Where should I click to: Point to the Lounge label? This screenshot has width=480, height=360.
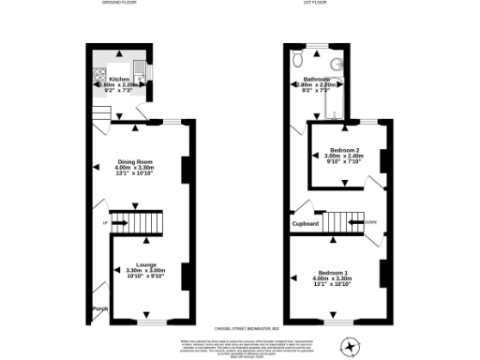[145, 264]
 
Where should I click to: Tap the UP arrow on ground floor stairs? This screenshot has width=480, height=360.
[106, 222]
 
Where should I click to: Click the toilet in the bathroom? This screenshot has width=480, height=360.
[297, 59]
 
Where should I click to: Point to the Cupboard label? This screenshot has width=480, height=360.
[306, 224]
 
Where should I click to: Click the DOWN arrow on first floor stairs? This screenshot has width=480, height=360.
[370, 222]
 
